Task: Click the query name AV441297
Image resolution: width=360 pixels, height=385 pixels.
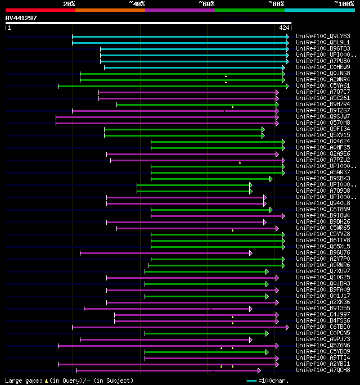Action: coord(21,18)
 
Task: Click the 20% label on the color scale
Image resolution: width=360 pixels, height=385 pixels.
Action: coord(69,4)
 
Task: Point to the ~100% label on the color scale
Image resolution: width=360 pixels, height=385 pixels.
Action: coord(344,4)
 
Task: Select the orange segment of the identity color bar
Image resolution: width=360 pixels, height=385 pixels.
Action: coord(110,10)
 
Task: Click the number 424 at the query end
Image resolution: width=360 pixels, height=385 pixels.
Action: coord(284,28)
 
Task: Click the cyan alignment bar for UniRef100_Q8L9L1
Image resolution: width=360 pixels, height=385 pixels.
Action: coord(180,42)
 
